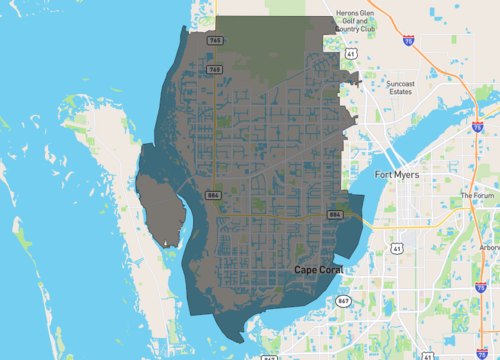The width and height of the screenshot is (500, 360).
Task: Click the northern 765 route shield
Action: pyautogui.click(x=214, y=41)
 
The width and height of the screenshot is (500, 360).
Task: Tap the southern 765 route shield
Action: pyautogui.click(x=214, y=69)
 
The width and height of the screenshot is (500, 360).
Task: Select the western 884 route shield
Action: pyautogui.click(x=213, y=195)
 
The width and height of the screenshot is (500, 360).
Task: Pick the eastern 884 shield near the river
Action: pyautogui.click(x=334, y=215)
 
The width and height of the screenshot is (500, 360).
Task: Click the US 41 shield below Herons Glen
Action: pyautogui.click(x=352, y=55)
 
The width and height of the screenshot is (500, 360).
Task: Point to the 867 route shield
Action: pyautogui.click(x=345, y=300)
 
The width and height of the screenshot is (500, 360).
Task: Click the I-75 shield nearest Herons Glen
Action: pyautogui.click(x=409, y=40)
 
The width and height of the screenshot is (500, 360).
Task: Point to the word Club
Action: pyautogui.click(x=365, y=28)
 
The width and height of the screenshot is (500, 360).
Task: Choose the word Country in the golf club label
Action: pyautogui.click(x=348, y=28)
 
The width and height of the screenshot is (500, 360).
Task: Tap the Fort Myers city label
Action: pyautogui.click(x=397, y=175)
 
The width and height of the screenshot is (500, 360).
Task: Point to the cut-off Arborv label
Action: pyautogui.click(x=489, y=247)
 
